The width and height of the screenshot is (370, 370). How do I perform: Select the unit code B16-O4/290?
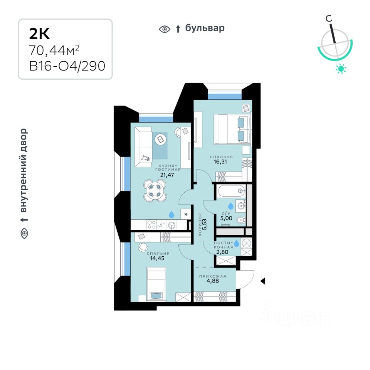point(67,66)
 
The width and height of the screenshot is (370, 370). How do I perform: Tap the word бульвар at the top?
point(205,28)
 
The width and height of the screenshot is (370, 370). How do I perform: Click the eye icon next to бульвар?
point(165,29)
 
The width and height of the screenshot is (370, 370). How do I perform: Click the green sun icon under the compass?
point(341,69)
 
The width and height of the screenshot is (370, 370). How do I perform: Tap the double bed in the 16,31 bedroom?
point(230,129)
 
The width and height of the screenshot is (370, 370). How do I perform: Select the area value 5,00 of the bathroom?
point(226,219)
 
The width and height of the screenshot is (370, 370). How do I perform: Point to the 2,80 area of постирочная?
point(223,252)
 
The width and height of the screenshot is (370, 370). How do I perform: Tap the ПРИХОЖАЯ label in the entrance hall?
point(212,276)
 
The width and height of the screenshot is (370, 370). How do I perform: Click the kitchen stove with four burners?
point(151,224)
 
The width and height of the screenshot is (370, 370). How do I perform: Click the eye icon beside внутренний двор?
point(24,233)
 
